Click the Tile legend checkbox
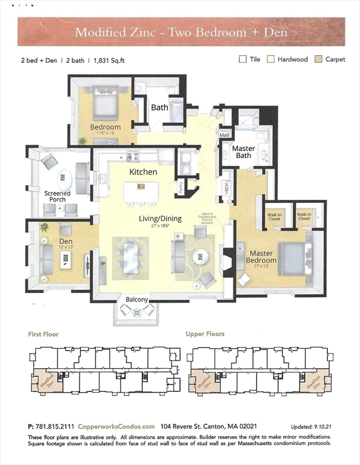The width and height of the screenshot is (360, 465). pos(243,59)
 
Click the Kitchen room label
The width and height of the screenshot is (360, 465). pos(143,172)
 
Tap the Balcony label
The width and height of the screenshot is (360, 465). pos(137,299)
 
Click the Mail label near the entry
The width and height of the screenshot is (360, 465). pos(225,135)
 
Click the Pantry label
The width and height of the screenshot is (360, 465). pos(181,186)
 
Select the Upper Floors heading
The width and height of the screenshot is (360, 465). pos(205,334)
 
